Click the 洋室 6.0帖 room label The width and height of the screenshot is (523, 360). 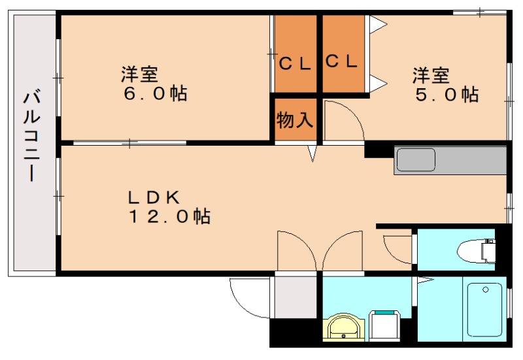tap(155, 84)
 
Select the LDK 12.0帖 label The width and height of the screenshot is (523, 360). tap(168, 206)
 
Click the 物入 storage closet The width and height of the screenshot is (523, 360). tap(295, 120)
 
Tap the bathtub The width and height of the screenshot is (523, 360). tap(484, 308)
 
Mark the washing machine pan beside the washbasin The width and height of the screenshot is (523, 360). tap(386, 325)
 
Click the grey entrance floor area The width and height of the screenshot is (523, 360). tap(294, 297)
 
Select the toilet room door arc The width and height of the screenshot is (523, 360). tap(396, 247)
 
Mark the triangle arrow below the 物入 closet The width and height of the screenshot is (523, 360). tap(312, 154)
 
